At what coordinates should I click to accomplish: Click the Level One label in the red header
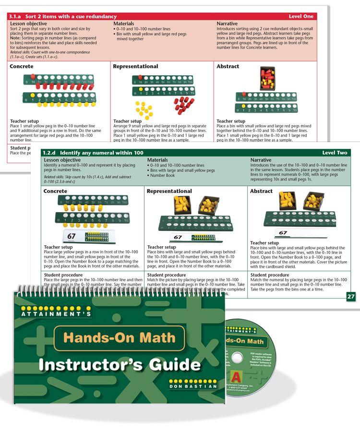[301, 16]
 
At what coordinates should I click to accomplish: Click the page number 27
[351, 297]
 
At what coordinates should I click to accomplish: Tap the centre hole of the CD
[237, 358]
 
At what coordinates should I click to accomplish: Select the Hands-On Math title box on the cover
[120, 337]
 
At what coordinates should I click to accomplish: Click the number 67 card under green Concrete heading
[72, 236]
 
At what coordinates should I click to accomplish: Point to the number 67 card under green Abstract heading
[283, 233]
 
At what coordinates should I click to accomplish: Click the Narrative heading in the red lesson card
[227, 24]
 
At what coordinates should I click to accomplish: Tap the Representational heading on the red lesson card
[135, 66]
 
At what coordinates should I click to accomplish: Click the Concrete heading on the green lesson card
[55, 191]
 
